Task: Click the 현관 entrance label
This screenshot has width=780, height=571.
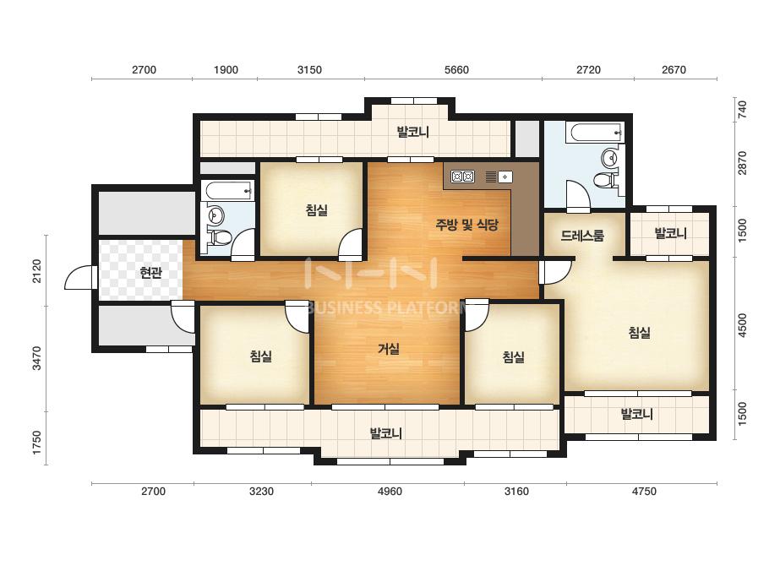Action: (150, 272)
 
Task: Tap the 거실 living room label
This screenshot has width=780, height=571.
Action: (389, 349)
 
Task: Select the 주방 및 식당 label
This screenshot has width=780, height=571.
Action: (466, 225)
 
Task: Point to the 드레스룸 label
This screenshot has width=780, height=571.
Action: (582, 236)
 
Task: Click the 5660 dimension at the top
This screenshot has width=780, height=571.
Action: (456, 69)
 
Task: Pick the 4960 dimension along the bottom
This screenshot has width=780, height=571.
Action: (390, 492)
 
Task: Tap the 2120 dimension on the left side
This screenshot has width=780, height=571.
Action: (37, 271)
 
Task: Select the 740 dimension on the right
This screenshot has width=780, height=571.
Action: (742, 110)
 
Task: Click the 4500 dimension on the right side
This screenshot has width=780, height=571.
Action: (742, 326)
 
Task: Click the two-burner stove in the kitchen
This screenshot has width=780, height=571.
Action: (462, 176)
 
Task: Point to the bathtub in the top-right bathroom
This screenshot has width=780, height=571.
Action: (596, 133)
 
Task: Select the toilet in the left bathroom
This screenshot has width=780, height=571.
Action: (221, 237)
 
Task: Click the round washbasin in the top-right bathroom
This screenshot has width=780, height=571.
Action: (609, 159)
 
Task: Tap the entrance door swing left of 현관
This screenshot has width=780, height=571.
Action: (79, 278)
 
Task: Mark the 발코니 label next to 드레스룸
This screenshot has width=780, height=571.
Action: (670, 233)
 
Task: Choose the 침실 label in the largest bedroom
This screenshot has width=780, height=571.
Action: (639, 332)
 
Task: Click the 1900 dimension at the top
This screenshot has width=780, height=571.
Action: (226, 69)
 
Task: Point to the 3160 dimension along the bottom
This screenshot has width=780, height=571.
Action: (516, 492)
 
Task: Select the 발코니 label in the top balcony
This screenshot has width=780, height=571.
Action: (413, 132)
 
